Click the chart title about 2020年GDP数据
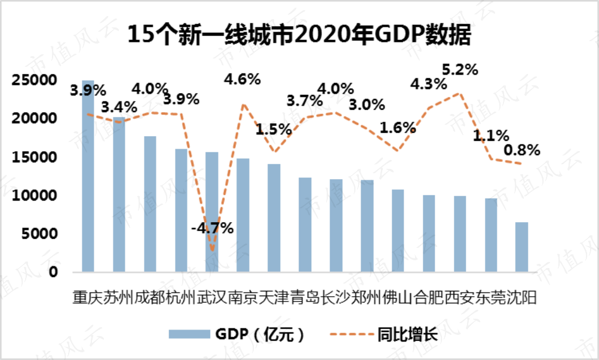(x=300, y=35)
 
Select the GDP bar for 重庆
(x=88, y=176)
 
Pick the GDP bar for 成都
(x=150, y=204)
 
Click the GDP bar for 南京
(x=242, y=215)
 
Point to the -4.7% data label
(x=212, y=228)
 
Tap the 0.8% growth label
(x=523, y=149)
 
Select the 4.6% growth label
(x=242, y=78)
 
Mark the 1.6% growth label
(x=397, y=127)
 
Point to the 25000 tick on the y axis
(x=36, y=80)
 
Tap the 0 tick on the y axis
(x=53, y=272)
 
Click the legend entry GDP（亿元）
(x=239, y=335)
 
